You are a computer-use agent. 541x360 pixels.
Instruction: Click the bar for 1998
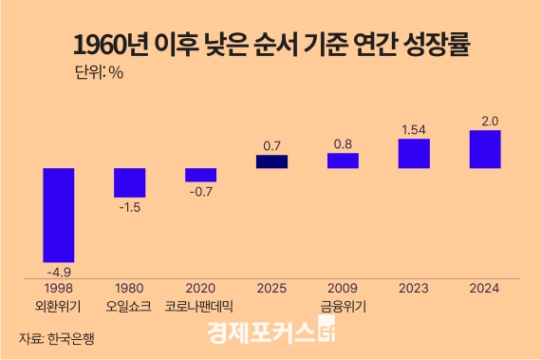[x=58, y=215]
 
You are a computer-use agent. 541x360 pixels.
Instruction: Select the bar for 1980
[x=129, y=182]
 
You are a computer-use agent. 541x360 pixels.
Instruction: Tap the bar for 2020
[x=200, y=175]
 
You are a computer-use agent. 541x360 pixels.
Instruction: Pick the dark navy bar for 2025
[x=271, y=161]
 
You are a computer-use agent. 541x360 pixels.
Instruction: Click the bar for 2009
[x=343, y=161]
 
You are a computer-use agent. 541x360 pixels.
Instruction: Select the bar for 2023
[x=414, y=154]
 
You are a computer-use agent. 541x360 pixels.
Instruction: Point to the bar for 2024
[x=485, y=149]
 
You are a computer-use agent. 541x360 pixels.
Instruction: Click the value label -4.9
[x=58, y=271]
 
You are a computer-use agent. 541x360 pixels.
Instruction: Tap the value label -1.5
[x=129, y=206]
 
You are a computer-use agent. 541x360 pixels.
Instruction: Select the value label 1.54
[x=414, y=128]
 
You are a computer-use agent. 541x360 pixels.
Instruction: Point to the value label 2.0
[x=485, y=120]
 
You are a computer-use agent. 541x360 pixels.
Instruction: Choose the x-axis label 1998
[x=58, y=288]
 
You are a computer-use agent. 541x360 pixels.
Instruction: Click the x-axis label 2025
[x=271, y=288]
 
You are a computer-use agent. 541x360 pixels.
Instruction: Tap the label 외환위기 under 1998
[x=58, y=306]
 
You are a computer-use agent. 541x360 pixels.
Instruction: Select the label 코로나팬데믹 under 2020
[x=200, y=306]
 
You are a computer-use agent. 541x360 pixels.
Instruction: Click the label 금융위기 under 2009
[x=343, y=306]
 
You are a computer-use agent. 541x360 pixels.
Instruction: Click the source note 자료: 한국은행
[x=58, y=337]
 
